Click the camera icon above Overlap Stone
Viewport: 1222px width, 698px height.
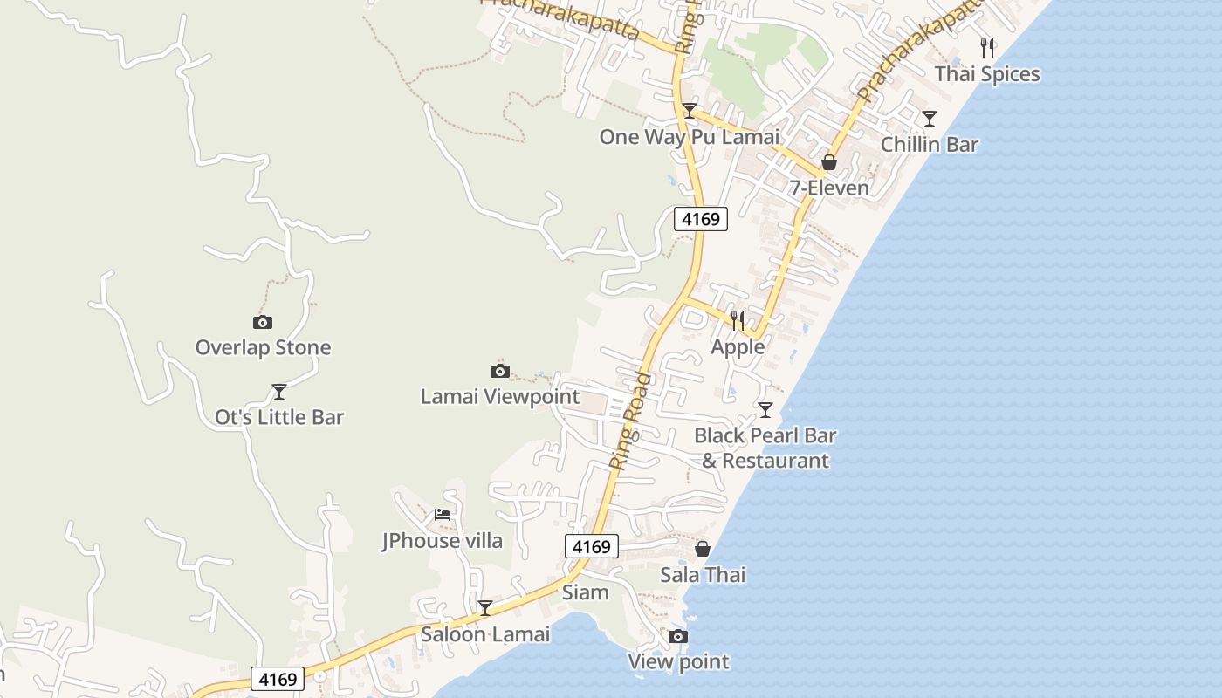262,322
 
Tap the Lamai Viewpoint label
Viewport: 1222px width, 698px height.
499,396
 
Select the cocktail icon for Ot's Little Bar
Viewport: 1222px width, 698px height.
279,392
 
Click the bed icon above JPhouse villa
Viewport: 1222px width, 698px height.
443,515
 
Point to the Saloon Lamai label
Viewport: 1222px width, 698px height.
485,634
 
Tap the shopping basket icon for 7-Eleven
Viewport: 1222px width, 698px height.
828,163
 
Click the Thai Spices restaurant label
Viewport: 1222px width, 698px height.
987,74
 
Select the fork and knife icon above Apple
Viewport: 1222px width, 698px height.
738,321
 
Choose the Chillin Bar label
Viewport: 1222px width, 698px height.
930,145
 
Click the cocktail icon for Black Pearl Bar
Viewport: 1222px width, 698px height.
765,409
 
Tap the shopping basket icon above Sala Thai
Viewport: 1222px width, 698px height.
703,550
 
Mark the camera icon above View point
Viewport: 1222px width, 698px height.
678,637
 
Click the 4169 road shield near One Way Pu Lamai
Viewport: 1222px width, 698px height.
700,219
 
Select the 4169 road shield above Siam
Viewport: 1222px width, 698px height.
592,547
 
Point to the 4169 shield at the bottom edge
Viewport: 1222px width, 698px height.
278,679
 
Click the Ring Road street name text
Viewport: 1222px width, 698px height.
630,421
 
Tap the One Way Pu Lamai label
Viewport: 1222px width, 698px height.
689,137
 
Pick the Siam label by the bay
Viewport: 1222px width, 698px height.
585,593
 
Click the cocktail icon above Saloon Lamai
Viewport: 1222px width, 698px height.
485,608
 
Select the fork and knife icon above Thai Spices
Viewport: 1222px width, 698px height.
987,48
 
